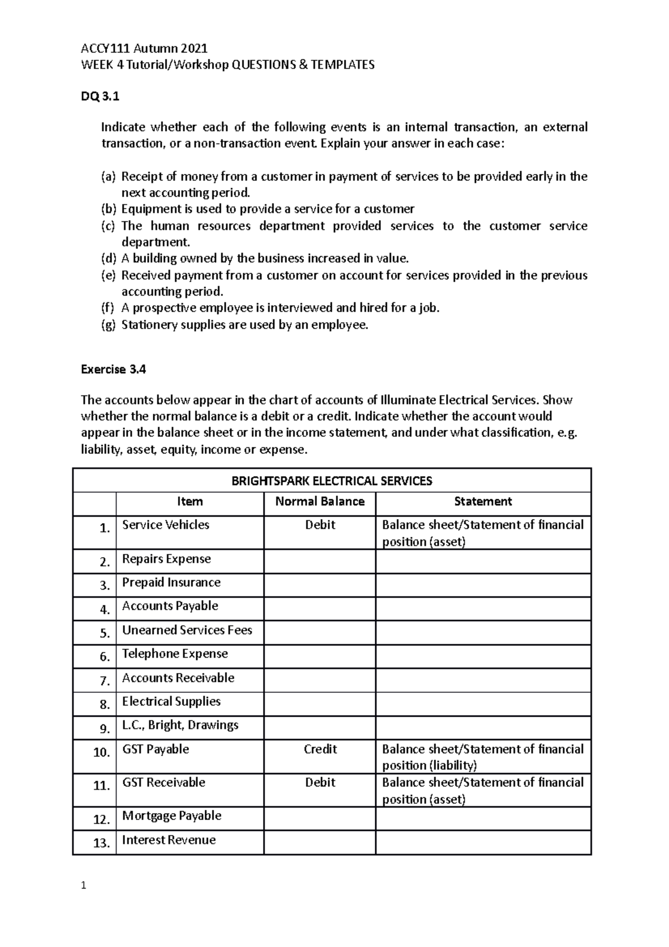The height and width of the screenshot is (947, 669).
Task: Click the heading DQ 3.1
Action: [100, 96]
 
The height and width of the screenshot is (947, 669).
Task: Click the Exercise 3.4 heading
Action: [113, 369]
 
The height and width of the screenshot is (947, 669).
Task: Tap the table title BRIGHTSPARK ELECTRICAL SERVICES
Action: [332, 481]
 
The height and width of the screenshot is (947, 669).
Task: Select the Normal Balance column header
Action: [319, 501]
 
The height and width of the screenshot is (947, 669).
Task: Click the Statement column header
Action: [483, 501]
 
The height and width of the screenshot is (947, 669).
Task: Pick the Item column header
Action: [190, 501]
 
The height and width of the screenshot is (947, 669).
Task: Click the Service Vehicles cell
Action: [166, 525]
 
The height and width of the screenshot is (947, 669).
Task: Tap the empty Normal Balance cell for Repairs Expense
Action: [319, 561]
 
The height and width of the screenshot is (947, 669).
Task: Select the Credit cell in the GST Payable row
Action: [320, 749]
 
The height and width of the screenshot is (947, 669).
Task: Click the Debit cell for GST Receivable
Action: [320, 782]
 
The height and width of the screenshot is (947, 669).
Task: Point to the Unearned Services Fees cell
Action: [187, 630]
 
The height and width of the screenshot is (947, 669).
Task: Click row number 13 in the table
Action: [101, 843]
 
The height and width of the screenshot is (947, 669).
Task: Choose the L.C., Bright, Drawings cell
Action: [180, 725]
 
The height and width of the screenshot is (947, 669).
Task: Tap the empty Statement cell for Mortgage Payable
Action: [483, 818]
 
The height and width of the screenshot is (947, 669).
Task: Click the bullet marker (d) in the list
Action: [108, 259]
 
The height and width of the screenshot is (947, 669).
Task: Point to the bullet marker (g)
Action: [108, 326]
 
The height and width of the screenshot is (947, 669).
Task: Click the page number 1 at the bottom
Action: [84, 885]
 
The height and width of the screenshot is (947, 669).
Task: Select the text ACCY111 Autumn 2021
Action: [144, 49]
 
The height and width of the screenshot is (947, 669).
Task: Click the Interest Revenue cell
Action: [168, 840]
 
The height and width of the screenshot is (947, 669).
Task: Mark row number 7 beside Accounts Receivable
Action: [104, 681]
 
